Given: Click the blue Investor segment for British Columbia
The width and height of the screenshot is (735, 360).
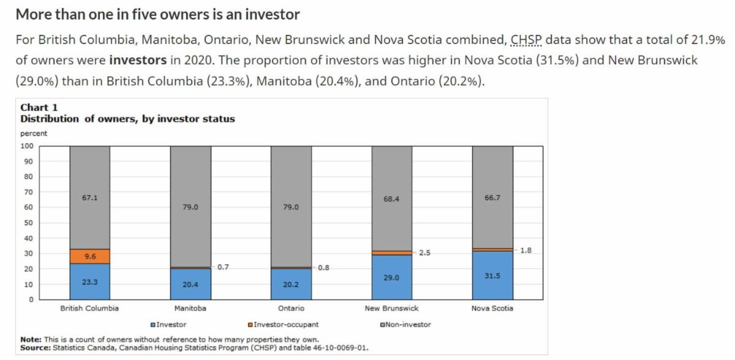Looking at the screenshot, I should [89, 282].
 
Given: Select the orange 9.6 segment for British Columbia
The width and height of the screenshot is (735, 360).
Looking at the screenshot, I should [89, 257].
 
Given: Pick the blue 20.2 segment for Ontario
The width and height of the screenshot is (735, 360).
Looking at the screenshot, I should [291, 284].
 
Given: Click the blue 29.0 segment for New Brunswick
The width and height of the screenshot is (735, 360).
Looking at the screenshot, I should [391, 277].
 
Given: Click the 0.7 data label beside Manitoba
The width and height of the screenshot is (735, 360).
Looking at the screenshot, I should [224, 267].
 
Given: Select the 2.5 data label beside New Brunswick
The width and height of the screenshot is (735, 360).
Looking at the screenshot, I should [425, 252].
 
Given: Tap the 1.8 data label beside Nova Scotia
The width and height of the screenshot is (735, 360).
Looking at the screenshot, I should [526, 250].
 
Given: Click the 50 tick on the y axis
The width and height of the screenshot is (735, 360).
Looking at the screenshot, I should [28, 223].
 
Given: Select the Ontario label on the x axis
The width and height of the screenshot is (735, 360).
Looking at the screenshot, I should [291, 309].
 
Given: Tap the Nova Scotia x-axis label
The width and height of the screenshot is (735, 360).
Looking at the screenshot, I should [492, 309].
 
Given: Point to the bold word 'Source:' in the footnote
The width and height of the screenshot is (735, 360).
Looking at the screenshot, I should [34, 347].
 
